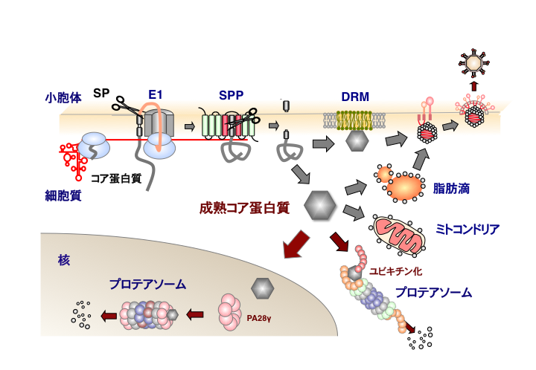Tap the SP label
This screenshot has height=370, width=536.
tap(101, 94)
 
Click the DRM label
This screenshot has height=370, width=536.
tap(354, 96)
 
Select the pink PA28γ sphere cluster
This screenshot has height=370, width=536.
tap(232, 312)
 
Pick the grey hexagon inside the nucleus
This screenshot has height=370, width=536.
tap(263, 287)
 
